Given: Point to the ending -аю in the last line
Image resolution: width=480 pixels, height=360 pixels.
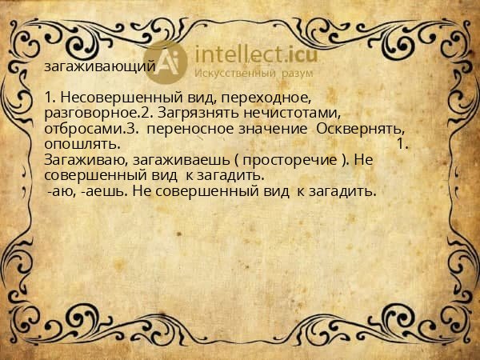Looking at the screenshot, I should coord(60,191).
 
